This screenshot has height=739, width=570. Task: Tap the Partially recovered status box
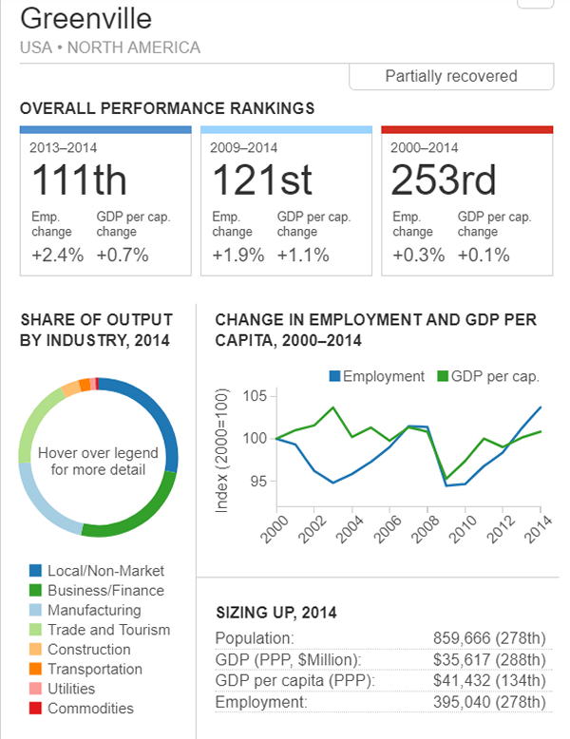(451, 76)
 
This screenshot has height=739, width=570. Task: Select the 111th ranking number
(79, 181)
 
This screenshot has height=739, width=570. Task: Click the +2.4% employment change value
(57, 255)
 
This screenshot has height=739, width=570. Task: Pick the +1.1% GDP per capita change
(303, 255)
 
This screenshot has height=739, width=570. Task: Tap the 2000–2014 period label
(425, 147)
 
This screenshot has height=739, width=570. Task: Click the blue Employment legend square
(334, 376)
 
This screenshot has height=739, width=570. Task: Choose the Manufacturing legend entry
(94, 610)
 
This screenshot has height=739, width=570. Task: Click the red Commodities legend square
(35, 708)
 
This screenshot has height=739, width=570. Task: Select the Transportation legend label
(95, 669)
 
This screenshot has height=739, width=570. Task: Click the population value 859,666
(465, 638)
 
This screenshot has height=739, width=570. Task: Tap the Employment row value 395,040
(465, 702)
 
